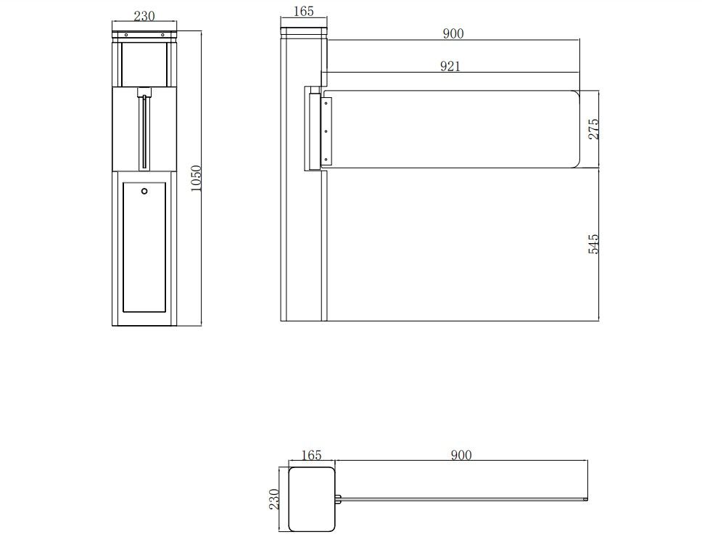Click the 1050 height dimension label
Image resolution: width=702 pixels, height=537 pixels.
[x=197, y=178]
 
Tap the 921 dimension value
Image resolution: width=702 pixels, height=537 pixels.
[x=450, y=66]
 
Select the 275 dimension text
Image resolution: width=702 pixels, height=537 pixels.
[x=593, y=129]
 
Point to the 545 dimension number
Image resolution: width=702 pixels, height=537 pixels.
[x=593, y=244]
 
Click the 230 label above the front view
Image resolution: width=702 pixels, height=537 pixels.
[x=144, y=16]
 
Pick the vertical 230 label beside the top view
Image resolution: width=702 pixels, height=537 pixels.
[x=274, y=499]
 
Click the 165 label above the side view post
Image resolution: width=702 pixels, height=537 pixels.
[x=304, y=11]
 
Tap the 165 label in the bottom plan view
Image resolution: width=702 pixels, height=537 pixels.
[x=311, y=455]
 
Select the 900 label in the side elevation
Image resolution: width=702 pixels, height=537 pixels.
[x=453, y=33]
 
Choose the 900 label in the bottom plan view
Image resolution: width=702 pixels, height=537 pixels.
[x=461, y=455]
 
